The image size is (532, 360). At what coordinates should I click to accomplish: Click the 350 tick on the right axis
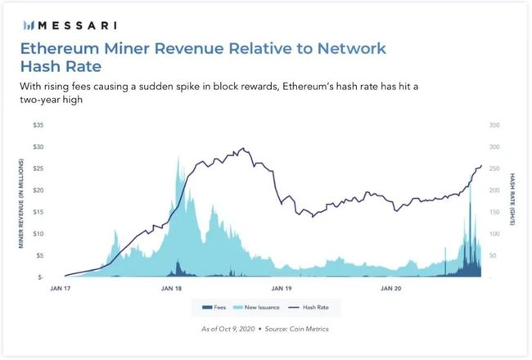493,125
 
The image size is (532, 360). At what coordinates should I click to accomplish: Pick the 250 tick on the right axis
493,169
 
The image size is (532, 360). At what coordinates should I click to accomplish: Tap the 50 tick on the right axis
491,256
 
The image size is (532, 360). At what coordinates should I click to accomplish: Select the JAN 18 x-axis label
172,289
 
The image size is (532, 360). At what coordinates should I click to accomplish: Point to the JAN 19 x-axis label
282,289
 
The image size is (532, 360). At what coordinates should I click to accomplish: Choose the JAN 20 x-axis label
390,289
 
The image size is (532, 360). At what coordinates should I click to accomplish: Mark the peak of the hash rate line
243,149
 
